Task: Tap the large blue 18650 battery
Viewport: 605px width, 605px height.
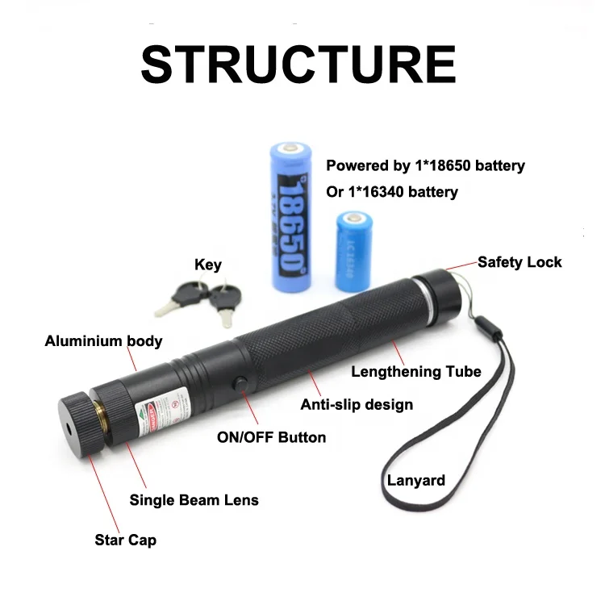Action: click(x=290, y=218)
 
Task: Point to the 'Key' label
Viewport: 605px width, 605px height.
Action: click(x=207, y=265)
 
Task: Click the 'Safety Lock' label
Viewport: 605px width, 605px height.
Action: click(x=519, y=261)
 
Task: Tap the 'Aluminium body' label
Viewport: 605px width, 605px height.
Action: click(x=103, y=340)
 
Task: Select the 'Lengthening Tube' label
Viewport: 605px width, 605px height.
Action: click(x=415, y=372)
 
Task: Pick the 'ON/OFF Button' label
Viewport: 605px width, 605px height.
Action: click(x=272, y=437)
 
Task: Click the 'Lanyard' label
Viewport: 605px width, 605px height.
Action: click(x=415, y=481)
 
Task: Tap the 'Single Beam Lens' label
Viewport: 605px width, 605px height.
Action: click(x=194, y=500)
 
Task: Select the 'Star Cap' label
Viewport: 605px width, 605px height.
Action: click(x=125, y=540)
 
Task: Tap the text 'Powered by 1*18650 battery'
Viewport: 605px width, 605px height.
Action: click(x=425, y=165)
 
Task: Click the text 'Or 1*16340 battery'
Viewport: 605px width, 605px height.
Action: click(x=392, y=192)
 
